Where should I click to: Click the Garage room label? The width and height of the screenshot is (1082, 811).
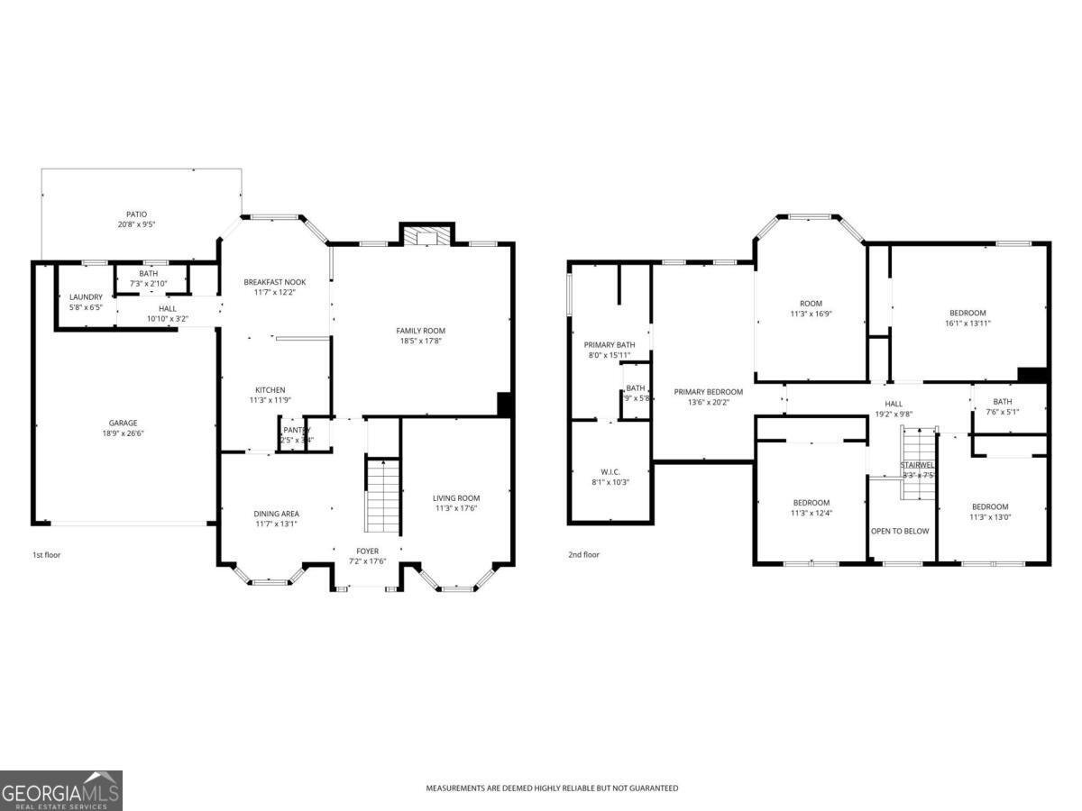[x=124, y=423]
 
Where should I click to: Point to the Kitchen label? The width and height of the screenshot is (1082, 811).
[x=270, y=390]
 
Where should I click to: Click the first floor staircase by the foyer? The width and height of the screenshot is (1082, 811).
[x=383, y=496]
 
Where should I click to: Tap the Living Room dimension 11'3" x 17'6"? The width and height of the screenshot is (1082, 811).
[x=456, y=508]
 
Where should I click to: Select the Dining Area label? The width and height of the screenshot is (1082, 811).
[x=276, y=514]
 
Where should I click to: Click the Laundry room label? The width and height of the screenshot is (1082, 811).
[x=87, y=296]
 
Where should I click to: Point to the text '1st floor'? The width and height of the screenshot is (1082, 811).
[x=47, y=555]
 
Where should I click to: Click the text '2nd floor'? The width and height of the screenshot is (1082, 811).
[x=583, y=555]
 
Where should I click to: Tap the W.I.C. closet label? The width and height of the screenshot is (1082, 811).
[x=610, y=472]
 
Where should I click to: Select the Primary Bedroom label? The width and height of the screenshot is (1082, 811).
[x=709, y=392]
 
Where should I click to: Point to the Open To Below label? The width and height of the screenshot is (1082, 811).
[x=900, y=531]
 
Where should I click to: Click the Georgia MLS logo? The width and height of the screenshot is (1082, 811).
[x=61, y=790]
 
